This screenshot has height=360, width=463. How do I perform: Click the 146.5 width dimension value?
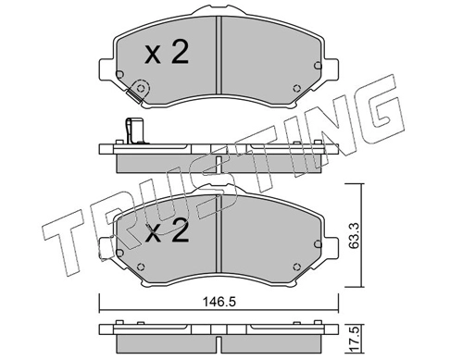coord(219,302)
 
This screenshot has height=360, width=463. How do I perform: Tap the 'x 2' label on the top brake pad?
coord(167,53)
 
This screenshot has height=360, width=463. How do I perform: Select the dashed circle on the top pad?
coord(141,89)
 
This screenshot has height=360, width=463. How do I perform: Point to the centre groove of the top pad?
coord(219,56)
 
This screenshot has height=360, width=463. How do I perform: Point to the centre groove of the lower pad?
coord(219,233)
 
